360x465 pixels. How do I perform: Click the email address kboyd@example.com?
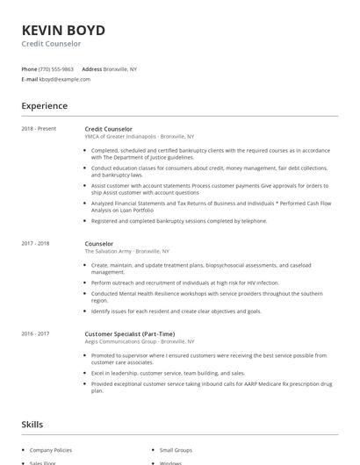point(65,79)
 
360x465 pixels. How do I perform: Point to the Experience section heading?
point(44,106)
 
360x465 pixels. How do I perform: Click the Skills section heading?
point(32,425)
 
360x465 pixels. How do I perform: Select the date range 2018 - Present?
point(39,129)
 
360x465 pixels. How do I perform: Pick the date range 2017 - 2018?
point(35,243)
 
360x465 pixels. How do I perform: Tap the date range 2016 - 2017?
point(35,333)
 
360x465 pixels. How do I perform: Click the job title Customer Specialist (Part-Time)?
point(130,333)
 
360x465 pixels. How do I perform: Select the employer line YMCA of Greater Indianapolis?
point(139,137)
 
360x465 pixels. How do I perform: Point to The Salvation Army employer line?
point(126,251)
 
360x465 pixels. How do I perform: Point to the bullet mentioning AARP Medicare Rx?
point(209,383)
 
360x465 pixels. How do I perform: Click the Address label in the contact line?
point(91,68)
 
